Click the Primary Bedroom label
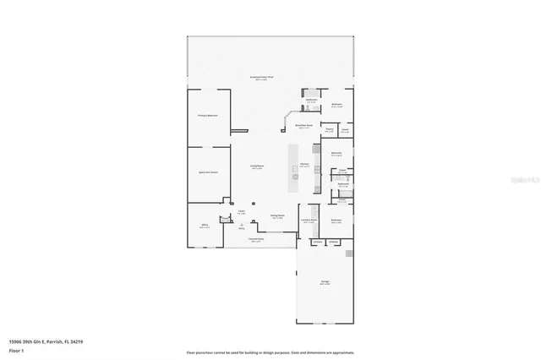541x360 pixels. pos(208,115)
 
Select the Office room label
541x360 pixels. pos(204,225)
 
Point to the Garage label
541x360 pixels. pos(325,281)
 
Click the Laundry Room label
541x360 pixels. pos(309,219)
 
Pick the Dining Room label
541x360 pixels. pos(277,215)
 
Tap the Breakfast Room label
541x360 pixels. pos(303,126)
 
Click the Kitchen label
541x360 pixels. pos(303,164)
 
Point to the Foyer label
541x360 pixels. pos(241,211)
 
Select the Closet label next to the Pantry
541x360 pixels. pos(345,130)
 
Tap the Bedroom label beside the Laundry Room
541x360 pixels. pos(336,220)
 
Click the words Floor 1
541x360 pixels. pos(15,350)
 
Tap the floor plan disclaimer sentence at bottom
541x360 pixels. pos(270,352)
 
